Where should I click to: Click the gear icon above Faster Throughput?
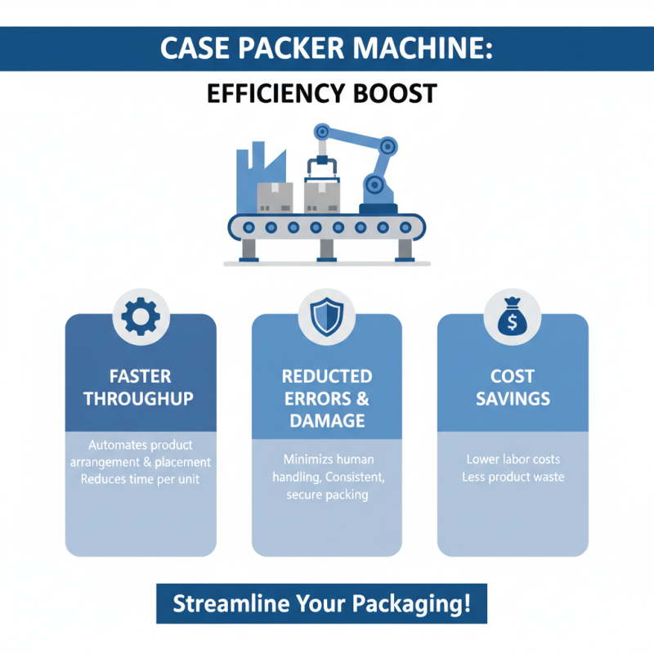141,317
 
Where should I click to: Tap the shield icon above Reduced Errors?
326,317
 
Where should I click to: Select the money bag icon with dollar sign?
513,317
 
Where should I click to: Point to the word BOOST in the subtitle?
396,94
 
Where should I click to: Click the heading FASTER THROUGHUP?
141,387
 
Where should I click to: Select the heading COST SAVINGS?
513,387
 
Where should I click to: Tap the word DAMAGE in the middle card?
326,420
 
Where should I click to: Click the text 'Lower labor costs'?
513,459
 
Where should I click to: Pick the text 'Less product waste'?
513,477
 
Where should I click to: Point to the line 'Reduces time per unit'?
141,478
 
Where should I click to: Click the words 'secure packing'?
326,495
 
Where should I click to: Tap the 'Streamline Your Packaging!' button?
321,604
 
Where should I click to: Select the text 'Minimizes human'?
326,459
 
